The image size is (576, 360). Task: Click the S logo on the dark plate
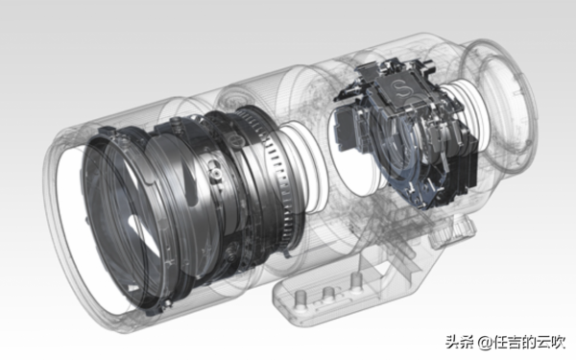(398, 89)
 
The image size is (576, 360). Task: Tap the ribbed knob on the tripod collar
(454, 228)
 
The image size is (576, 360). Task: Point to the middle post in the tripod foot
(328, 293)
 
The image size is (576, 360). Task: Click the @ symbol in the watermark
(485, 343)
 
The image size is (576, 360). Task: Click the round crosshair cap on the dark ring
(236, 140)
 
